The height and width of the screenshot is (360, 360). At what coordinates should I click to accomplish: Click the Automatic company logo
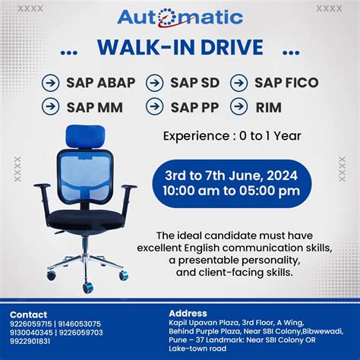180,17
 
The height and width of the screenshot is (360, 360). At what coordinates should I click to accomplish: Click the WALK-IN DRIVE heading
180,49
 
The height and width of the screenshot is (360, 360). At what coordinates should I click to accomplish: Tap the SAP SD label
194,83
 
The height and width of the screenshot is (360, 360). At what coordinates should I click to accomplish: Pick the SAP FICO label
287,83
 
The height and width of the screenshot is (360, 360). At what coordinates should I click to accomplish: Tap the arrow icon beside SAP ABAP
51,83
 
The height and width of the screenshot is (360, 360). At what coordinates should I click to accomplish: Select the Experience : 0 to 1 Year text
232,137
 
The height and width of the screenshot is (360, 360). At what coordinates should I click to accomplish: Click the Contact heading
29,314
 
